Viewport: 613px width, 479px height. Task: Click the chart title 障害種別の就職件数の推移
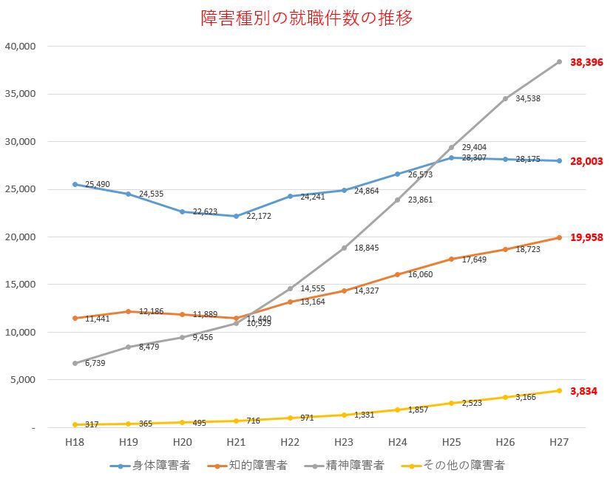tap(306, 18)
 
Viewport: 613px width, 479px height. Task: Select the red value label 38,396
tap(586, 63)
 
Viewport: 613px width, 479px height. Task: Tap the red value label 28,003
tap(586, 161)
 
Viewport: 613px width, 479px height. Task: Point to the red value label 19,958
tap(586, 238)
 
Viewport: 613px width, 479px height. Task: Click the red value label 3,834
tap(583, 391)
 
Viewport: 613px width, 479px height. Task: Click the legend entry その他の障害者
tap(455, 466)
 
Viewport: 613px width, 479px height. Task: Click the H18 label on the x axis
tap(75, 442)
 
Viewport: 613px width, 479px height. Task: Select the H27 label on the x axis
tap(559, 442)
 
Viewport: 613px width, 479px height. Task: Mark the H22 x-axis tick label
tap(290, 442)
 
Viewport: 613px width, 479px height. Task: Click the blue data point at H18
tap(75, 185)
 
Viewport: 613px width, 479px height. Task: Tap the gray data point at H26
tap(506, 98)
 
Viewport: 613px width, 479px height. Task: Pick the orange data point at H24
tap(398, 274)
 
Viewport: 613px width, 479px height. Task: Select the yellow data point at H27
tap(559, 391)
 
